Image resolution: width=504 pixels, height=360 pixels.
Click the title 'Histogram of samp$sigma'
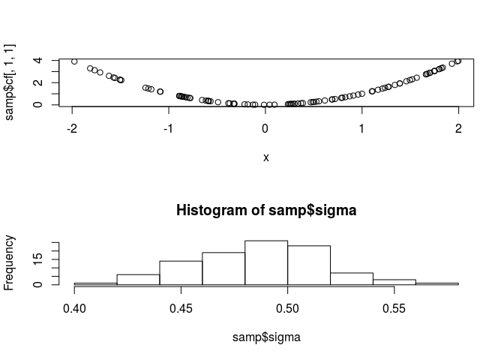(265, 211)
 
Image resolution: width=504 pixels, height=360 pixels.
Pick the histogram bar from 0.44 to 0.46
(181, 273)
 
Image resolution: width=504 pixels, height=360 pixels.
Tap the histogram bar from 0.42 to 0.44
(138, 280)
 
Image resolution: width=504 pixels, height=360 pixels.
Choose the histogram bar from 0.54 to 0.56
(394, 282)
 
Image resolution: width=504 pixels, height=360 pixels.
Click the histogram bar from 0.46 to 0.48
(223, 268)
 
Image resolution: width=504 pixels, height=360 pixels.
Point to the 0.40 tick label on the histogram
(74, 308)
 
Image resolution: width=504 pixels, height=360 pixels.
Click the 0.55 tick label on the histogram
(394, 308)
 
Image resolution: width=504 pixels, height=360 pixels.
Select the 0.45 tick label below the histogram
(181, 308)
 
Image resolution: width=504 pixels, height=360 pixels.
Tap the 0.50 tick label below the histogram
(288, 308)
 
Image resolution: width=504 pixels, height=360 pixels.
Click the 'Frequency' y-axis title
(10, 262)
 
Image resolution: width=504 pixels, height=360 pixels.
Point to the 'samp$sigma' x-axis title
(266, 337)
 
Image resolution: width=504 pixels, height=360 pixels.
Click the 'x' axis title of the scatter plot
(266, 157)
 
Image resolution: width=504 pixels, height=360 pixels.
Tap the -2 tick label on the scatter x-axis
(73, 128)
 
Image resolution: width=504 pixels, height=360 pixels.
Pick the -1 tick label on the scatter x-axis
(169, 128)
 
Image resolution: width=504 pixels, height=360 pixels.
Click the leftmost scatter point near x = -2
(74, 61)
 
